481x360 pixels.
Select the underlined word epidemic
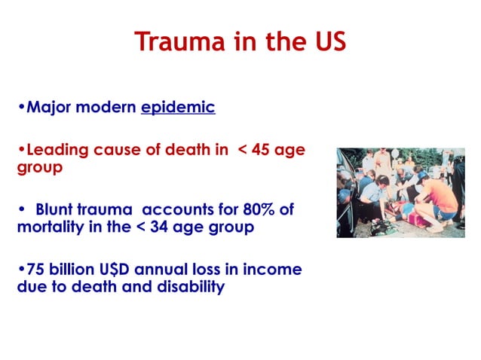(178, 107)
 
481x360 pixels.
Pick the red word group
(37, 166)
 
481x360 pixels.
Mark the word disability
(188, 286)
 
